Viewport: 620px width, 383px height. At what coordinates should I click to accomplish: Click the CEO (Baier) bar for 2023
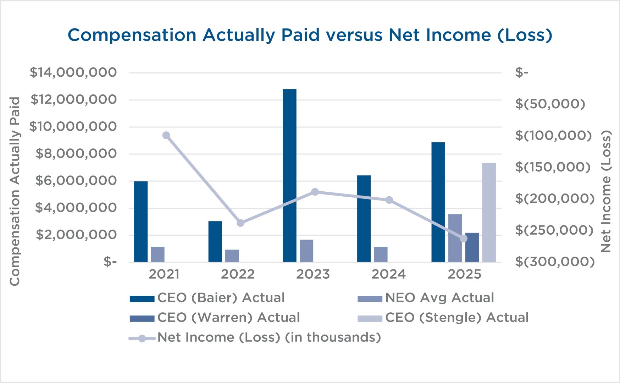coord(289,175)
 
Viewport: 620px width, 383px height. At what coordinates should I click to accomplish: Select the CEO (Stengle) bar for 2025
coord(489,212)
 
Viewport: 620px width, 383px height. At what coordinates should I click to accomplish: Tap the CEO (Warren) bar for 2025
coord(472,247)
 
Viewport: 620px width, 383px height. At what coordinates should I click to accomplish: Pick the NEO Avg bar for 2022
coord(232,256)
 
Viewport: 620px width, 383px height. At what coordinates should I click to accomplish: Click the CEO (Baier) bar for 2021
coord(141,221)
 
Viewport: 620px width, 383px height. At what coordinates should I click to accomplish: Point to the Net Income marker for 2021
coord(166,135)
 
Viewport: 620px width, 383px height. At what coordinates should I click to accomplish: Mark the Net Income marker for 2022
coord(240,223)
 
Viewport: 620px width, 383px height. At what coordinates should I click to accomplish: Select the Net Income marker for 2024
coord(389,200)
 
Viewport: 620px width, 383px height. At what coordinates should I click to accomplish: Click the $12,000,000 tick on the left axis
coord(73,99)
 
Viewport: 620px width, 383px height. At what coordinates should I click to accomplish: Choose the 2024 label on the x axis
coord(388,274)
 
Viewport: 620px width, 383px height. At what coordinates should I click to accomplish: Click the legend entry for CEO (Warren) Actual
coord(215,317)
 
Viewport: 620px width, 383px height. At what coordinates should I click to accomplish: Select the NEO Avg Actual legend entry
coord(426,297)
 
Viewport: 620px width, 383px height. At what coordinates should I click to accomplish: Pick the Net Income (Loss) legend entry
coord(255,337)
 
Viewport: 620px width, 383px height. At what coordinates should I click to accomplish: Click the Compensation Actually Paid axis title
coord(15,191)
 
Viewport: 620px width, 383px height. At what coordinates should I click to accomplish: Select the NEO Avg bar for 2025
coord(455,238)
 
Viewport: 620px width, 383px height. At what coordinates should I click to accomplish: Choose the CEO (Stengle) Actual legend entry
coord(443,317)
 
